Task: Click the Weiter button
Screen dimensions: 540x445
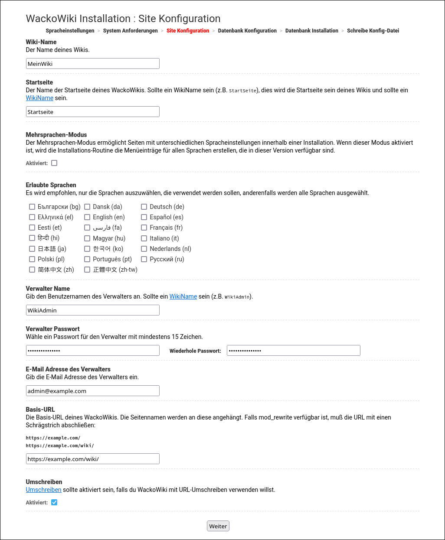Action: click(218, 526)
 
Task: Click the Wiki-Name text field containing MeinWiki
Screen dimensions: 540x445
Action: click(92, 64)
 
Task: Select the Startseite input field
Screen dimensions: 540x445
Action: click(92, 112)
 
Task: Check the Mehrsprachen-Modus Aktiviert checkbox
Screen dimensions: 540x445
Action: click(54, 163)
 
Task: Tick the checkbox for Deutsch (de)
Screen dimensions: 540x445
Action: click(144, 207)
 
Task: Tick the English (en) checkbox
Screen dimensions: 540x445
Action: click(87, 217)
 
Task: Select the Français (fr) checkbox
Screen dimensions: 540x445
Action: click(144, 228)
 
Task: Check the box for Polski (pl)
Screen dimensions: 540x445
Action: click(32, 259)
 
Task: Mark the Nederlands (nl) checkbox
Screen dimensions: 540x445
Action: click(144, 249)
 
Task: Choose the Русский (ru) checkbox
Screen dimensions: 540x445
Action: click(144, 259)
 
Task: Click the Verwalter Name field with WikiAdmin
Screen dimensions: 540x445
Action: click(92, 310)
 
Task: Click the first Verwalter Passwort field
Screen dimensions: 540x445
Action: click(92, 351)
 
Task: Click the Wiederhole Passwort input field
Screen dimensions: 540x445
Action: click(293, 351)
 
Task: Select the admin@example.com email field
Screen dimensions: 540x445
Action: click(92, 391)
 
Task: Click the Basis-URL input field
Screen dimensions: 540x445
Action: click(92, 459)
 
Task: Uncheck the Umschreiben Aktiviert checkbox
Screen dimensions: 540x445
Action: click(54, 503)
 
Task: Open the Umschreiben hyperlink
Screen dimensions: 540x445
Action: click(43, 490)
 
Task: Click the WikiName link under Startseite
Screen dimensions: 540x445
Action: click(39, 98)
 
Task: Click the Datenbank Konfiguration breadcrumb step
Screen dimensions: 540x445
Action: click(247, 31)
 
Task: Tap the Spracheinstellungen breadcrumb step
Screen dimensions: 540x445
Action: click(70, 31)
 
